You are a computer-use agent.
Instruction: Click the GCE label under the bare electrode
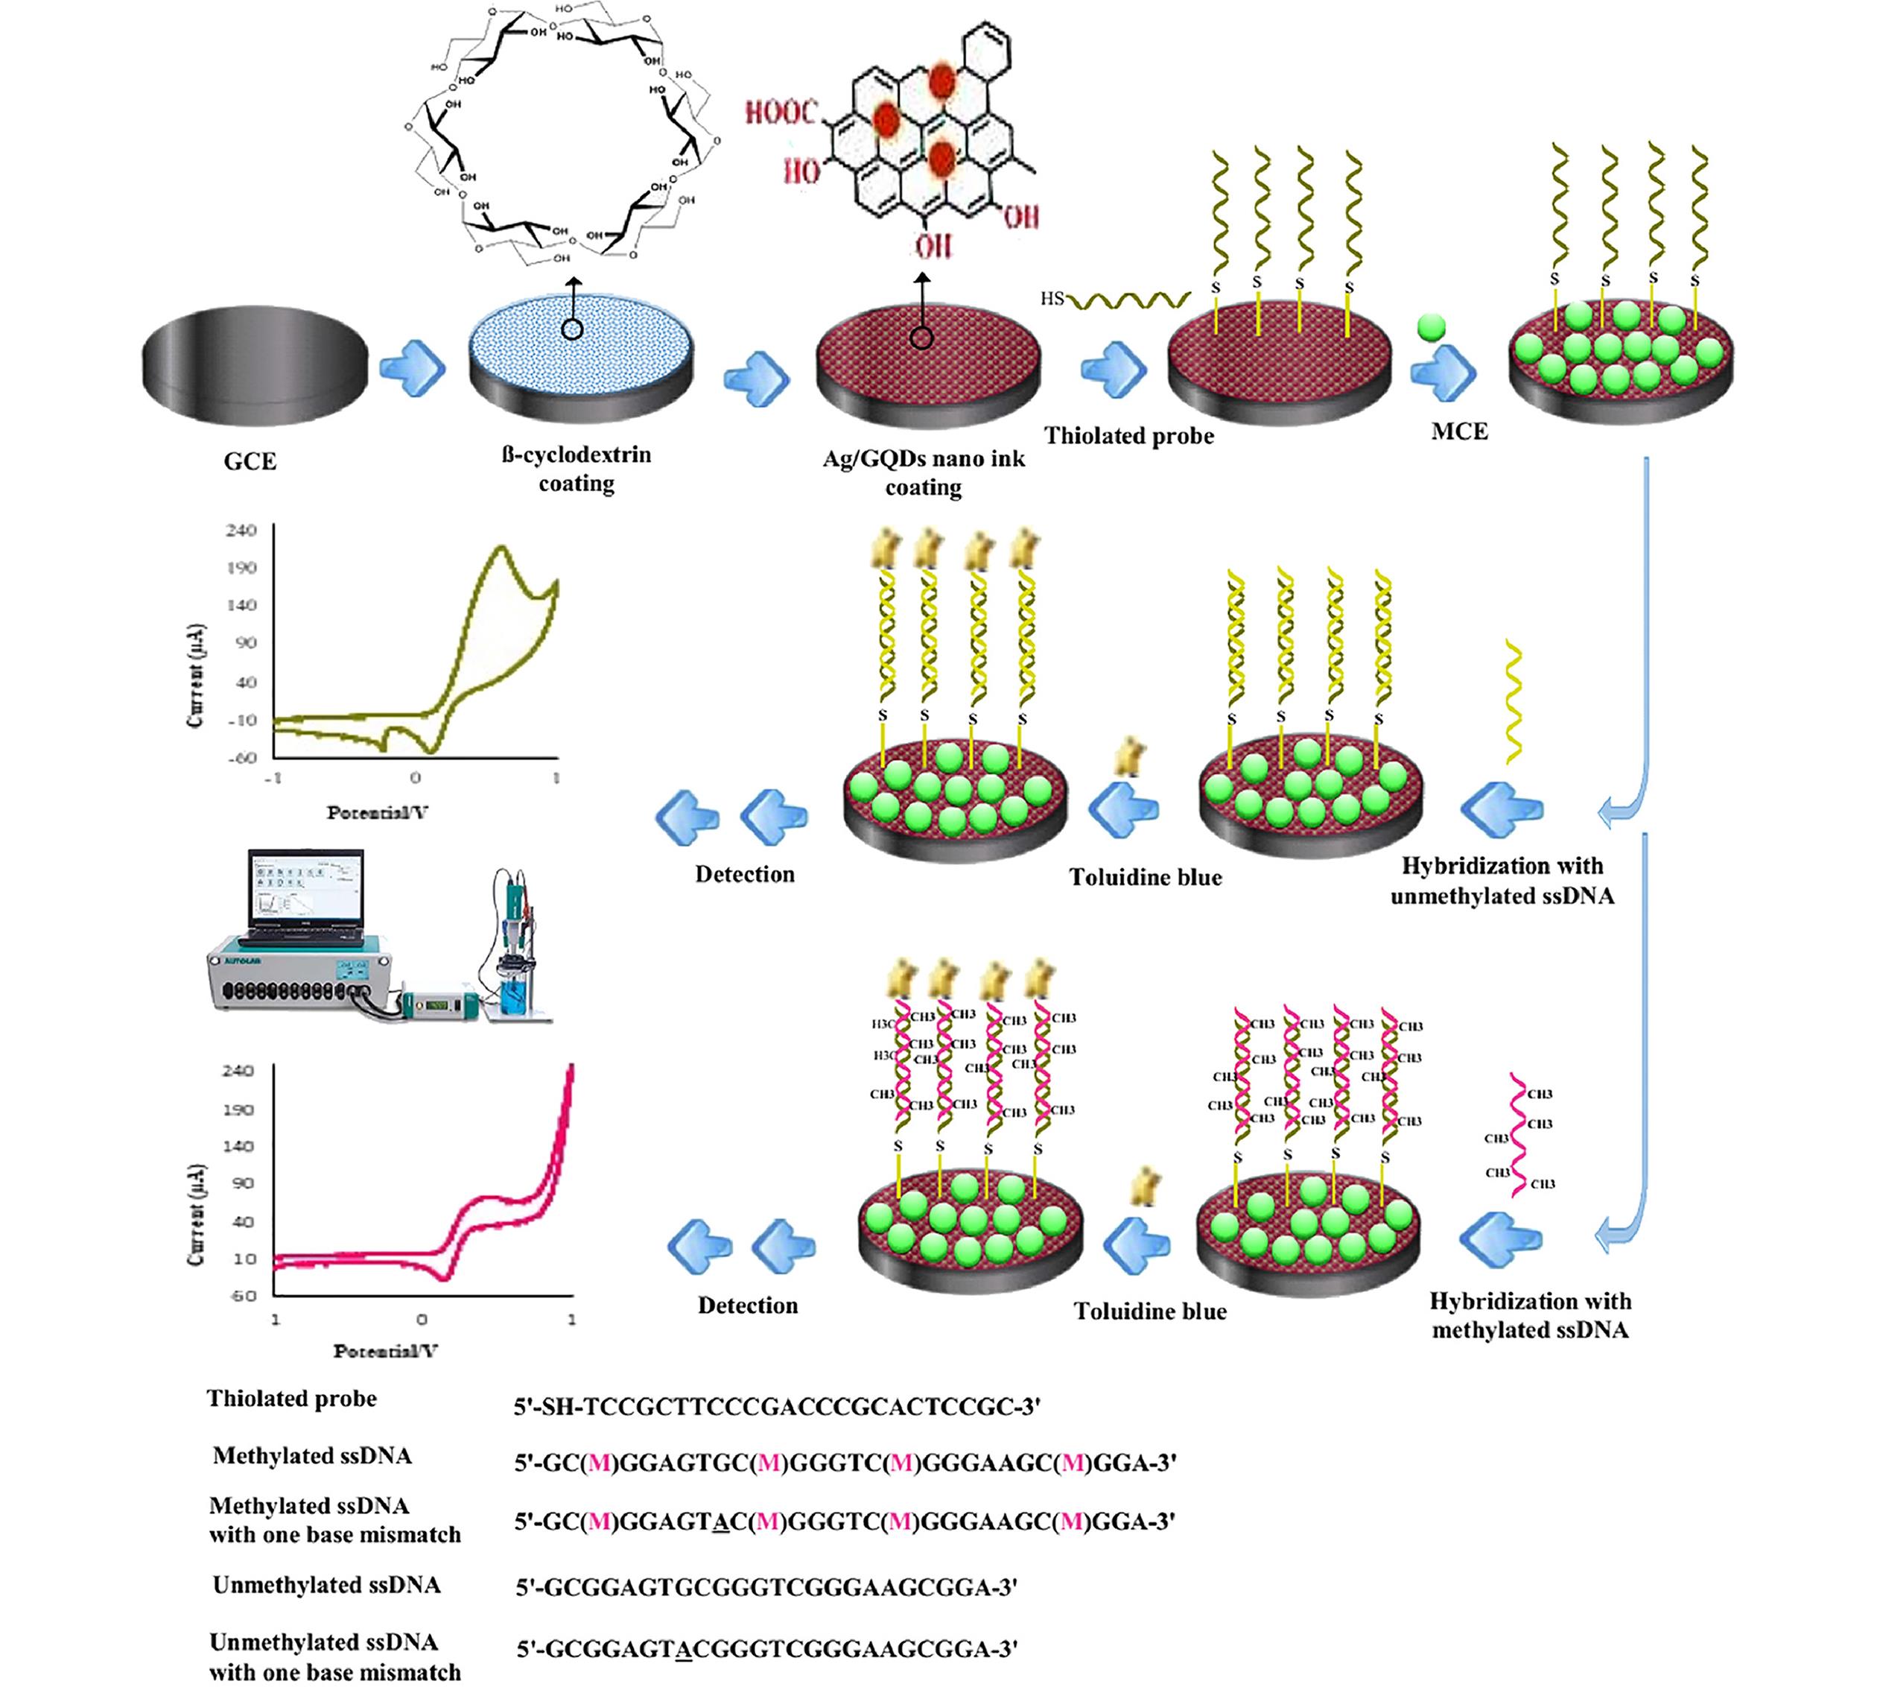(250, 461)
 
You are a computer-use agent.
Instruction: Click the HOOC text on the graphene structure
(781, 113)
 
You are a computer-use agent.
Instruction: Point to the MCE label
(1459, 431)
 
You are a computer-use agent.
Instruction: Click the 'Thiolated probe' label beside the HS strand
(1128, 437)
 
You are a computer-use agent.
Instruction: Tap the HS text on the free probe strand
(1052, 299)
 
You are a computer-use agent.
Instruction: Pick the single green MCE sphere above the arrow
(1432, 327)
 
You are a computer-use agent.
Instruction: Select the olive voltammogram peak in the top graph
(501, 550)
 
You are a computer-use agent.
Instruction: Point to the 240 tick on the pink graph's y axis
(237, 1071)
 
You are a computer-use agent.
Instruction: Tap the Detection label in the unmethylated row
(745, 875)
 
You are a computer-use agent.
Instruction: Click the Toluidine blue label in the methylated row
(1149, 1311)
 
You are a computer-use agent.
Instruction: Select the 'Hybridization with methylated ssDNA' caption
(1529, 1315)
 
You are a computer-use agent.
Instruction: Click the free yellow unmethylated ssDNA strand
(1513, 701)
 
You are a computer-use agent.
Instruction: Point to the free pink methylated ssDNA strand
(1519, 1135)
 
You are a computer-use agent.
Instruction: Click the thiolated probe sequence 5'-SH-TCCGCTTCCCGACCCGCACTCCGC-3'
(777, 1407)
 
